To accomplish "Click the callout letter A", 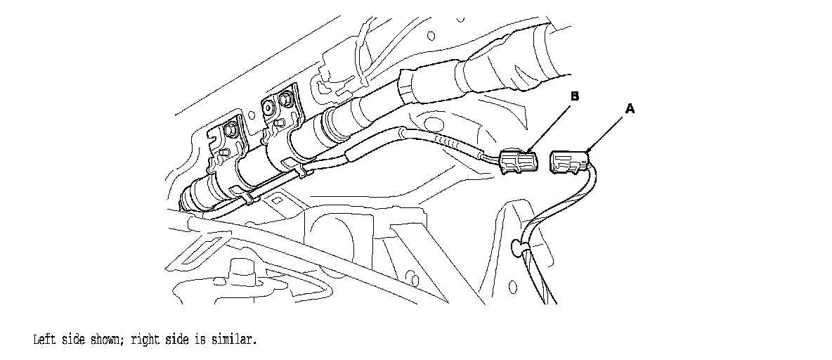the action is [x=630, y=109].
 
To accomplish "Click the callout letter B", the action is [x=574, y=96].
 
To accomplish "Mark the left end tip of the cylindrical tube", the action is [x=184, y=202].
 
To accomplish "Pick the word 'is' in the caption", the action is [x=204, y=340].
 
